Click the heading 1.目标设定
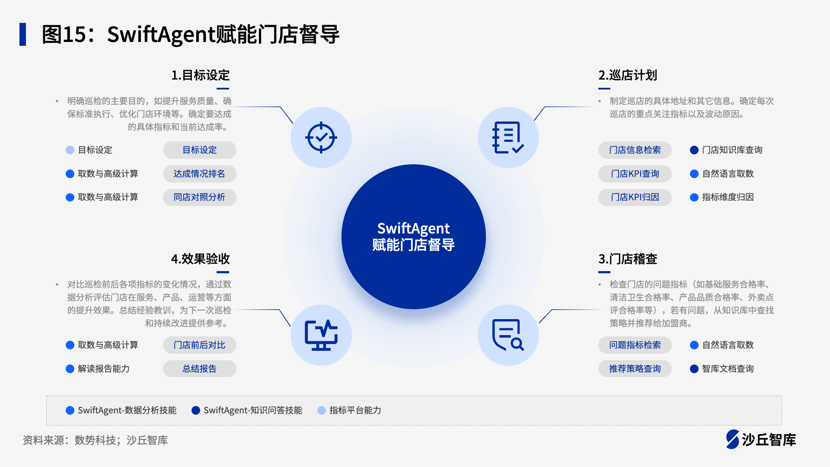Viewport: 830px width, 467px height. click(x=200, y=75)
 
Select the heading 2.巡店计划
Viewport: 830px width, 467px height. click(x=628, y=75)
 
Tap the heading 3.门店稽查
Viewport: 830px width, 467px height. click(x=628, y=259)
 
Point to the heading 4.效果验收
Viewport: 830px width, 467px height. click(x=200, y=259)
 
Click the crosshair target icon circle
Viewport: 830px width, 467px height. click(x=321, y=138)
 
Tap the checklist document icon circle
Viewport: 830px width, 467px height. click(x=508, y=138)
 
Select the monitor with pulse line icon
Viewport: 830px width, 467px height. click(x=321, y=335)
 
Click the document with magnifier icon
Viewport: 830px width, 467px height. click(x=508, y=335)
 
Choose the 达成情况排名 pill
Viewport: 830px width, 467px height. click(x=199, y=174)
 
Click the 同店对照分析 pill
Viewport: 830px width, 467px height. click(x=199, y=197)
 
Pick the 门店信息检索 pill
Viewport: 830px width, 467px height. click(x=635, y=150)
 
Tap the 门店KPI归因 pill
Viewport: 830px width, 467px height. click(x=635, y=197)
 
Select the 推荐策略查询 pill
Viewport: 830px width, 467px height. click(x=635, y=369)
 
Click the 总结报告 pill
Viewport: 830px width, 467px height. click(x=199, y=369)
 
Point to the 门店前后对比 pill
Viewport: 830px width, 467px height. click(x=199, y=345)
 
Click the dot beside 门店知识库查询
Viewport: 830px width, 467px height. click(x=694, y=150)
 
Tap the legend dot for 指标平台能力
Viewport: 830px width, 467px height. click(x=322, y=410)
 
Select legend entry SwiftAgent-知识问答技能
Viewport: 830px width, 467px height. click(x=247, y=410)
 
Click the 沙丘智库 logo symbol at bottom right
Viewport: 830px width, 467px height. click(x=733, y=439)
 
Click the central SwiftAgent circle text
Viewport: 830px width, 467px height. click(x=414, y=237)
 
